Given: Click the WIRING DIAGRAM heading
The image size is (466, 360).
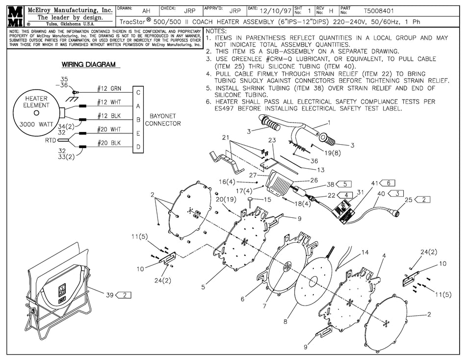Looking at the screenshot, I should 88,65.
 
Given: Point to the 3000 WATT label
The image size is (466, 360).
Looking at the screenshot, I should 37,125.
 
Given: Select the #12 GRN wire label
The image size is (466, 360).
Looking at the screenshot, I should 108,88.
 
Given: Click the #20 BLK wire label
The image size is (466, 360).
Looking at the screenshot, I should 109,142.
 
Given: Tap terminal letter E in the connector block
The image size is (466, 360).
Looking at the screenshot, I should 138,132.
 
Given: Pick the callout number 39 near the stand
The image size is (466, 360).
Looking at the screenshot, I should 109,295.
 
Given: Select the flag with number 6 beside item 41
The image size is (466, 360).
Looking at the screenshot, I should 388,182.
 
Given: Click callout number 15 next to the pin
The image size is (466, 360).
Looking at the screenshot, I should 267,200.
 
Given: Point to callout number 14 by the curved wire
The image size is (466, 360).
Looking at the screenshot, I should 364,253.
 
